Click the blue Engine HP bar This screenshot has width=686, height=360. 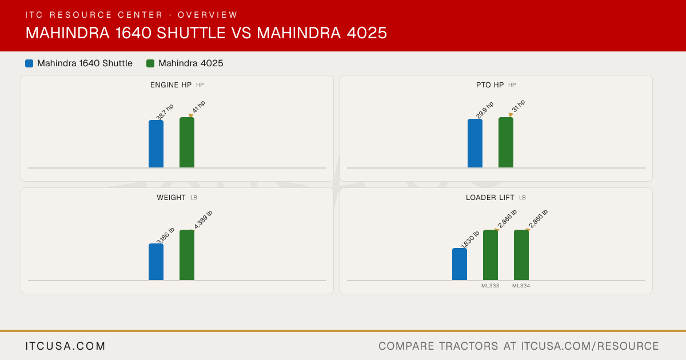156,144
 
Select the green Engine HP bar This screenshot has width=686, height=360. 187,142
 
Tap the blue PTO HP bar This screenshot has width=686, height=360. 475,143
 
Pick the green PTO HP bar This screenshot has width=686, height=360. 506,142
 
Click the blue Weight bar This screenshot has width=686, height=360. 156,262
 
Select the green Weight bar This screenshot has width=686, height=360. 187,255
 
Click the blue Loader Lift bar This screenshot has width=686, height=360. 460,264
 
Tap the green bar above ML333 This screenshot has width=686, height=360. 490,255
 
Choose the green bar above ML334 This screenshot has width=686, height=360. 521,255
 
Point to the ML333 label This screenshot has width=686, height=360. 490,286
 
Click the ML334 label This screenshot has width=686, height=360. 521,286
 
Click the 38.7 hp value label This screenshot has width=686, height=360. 165,112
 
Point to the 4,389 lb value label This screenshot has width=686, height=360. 203,219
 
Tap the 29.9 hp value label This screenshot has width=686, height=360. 485,110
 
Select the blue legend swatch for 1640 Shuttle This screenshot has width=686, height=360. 29,63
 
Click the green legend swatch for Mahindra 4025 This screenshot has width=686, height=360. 150,63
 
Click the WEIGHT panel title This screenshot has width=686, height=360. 171,198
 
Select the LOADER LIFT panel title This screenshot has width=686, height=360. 490,198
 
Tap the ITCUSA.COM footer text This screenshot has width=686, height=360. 65,346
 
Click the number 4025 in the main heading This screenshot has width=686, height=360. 367,33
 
